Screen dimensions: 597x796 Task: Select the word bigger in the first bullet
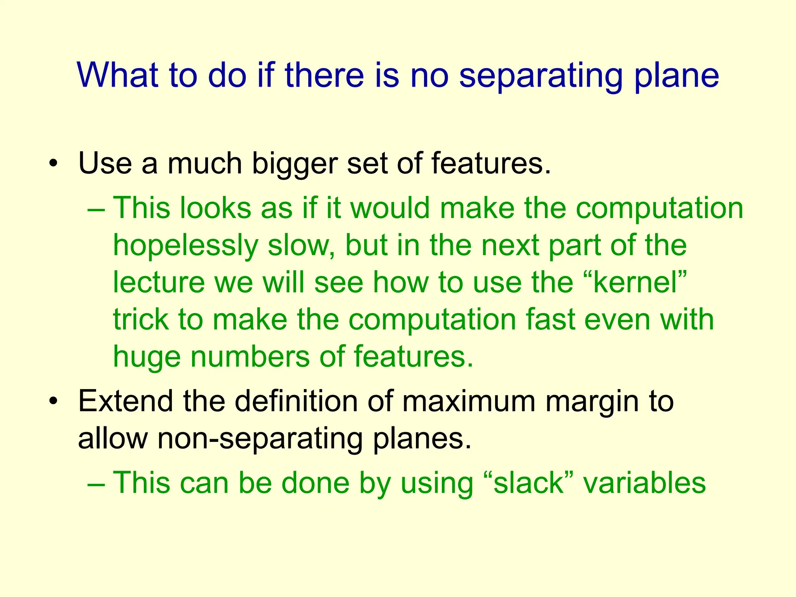295,163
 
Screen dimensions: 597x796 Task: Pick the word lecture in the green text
159,282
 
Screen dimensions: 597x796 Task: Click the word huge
147,357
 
